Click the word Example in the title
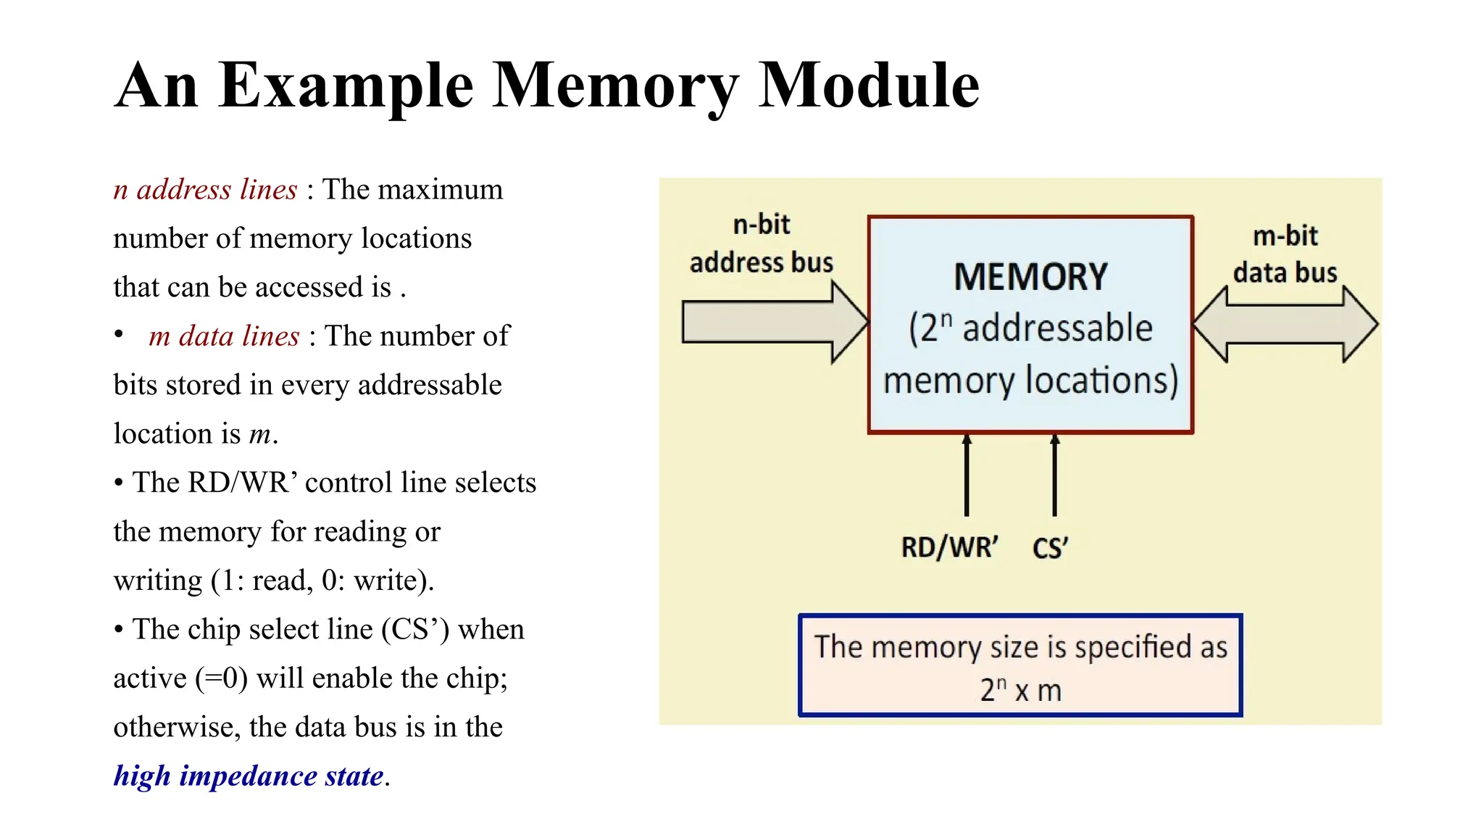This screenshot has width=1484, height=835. pyautogui.click(x=346, y=86)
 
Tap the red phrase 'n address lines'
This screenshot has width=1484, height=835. pyautogui.click(x=205, y=190)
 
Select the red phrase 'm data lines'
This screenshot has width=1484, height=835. pyautogui.click(x=223, y=336)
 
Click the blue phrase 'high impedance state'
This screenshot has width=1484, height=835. pyautogui.click(x=249, y=776)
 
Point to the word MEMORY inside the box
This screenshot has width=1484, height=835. pyautogui.click(x=1030, y=278)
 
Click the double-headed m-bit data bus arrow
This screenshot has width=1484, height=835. pyautogui.click(x=1285, y=324)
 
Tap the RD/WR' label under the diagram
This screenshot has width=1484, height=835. pyautogui.click(x=949, y=548)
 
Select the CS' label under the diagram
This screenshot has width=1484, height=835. pyautogui.click(x=1050, y=549)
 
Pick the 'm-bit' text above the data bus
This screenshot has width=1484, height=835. pyautogui.click(x=1285, y=236)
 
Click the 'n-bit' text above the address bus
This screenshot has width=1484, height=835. pyautogui.click(x=761, y=225)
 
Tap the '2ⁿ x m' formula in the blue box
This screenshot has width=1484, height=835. pyautogui.click(x=1020, y=690)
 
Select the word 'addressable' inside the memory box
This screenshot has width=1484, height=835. pyautogui.click(x=1057, y=328)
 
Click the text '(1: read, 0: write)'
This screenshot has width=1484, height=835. pyautogui.click(x=322, y=581)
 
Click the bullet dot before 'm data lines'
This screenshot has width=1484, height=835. pyautogui.click(x=119, y=334)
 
